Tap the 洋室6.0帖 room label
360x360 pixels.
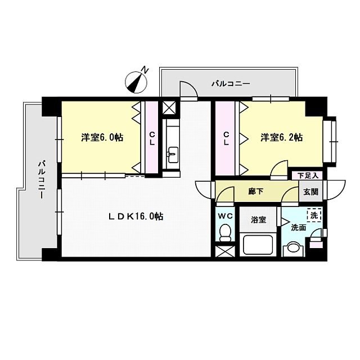[x=102, y=137]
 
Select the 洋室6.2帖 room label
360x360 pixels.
[x=281, y=137]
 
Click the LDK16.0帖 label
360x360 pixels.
[x=136, y=216]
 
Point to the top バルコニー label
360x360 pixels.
[x=231, y=84]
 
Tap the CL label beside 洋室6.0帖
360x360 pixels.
[x=152, y=138]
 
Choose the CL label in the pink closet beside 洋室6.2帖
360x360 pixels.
[x=226, y=138]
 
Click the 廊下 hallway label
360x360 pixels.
[x=256, y=191]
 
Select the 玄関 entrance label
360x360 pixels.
[x=310, y=191]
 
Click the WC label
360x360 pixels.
[x=225, y=215]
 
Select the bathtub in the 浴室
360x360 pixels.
[x=258, y=245]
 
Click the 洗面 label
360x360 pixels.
[x=298, y=228]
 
